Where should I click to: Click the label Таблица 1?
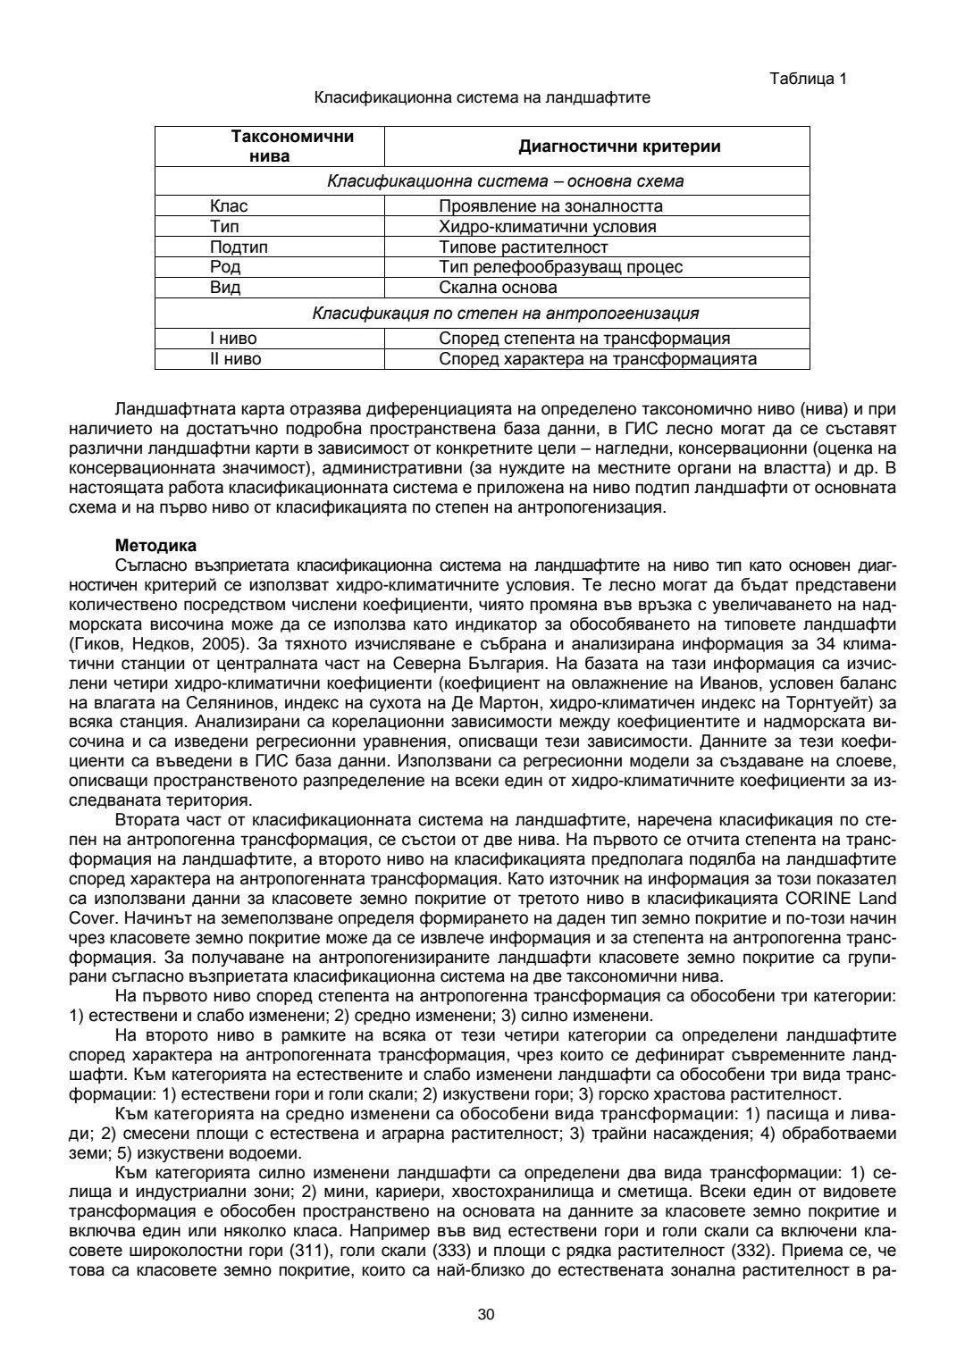[808, 79]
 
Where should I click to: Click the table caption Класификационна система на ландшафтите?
[482, 97]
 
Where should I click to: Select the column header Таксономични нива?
[269, 146]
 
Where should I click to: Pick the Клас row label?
[229, 206]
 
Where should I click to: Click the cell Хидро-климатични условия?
[548, 227]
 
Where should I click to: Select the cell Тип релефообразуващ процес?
[561, 267]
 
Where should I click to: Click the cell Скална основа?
[498, 288]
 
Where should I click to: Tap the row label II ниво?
[236, 359]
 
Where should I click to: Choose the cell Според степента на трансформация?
[584, 339]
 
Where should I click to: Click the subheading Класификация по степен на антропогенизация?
[505, 314]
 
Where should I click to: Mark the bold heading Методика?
[156, 545]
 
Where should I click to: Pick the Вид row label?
[225, 288]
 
